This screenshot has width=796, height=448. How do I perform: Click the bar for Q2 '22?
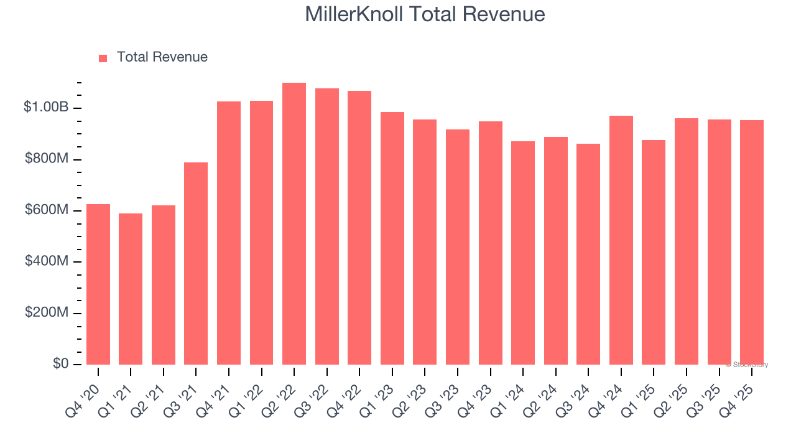click(x=294, y=224)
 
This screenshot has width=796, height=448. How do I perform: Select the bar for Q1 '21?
click(x=131, y=289)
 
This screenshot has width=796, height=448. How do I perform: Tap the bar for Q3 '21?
click(x=196, y=264)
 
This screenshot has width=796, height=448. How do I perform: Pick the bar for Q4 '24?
click(x=621, y=240)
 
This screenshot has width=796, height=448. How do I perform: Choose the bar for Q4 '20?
click(x=98, y=284)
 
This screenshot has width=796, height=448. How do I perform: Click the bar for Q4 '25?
click(x=752, y=243)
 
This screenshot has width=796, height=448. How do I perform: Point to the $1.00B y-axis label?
click(x=46, y=108)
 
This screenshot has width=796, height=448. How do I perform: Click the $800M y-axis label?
click(x=47, y=159)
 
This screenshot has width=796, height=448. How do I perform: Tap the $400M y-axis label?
click(x=47, y=261)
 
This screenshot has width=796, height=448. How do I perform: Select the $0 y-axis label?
click(x=60, y=363)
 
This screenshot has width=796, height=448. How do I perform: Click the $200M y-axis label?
click(x=47, y=312)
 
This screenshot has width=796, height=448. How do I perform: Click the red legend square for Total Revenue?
click(x=103, y=58)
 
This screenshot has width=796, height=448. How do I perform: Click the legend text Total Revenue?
click(x=162, y=57)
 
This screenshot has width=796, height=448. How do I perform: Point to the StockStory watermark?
click(x=746, y=365)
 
